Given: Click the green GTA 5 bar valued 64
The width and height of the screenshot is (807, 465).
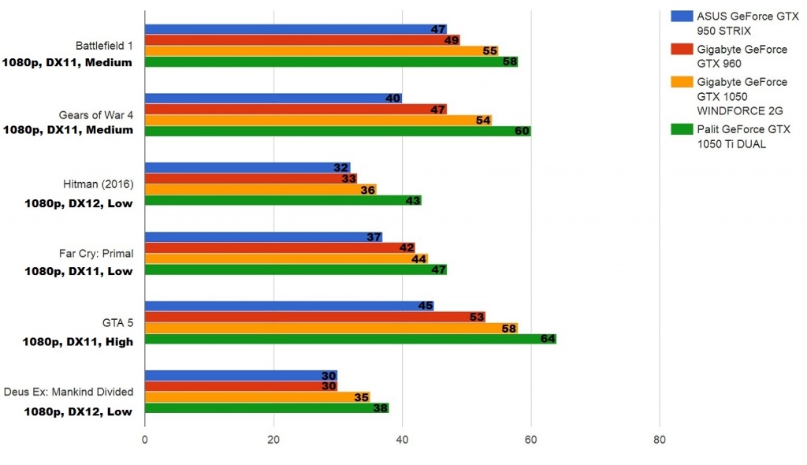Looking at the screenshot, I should tap(350, 339).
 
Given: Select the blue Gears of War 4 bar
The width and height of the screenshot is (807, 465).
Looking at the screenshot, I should tap(273, 99).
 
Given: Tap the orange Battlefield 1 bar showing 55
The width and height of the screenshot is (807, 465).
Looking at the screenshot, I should tap(321, 50).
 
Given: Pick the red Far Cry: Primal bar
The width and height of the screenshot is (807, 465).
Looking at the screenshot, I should tap(279, 247).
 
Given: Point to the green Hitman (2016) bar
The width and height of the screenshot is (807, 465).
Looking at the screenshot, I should tap(283, 200).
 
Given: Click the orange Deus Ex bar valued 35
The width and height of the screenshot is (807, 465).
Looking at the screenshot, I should tap(257, 397).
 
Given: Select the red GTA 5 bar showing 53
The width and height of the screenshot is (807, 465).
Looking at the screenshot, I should tap(314, 317).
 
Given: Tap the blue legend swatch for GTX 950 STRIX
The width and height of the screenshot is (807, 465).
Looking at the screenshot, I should tap(680, 16).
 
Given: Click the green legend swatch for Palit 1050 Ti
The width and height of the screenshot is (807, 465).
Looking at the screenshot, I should tap(680, 128).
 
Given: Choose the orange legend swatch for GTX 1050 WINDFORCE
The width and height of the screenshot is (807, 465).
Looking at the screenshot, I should tap(680, 82).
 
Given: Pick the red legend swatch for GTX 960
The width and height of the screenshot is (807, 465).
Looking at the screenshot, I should tap(680, 50).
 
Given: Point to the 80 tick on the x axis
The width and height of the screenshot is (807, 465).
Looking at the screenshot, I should tap(660, 439).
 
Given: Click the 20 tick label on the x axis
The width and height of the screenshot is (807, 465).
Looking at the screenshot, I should tap(273, 439).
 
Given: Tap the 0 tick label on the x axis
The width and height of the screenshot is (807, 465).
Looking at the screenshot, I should tap(145, 439).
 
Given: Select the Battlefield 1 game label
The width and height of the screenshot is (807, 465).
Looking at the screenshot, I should tap(104, 45).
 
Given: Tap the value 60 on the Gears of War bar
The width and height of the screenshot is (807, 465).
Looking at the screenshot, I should tap(522, 131).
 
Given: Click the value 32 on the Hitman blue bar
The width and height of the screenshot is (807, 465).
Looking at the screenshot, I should tap(341, 168).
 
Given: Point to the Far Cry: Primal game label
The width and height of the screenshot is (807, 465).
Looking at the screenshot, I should tap(96, 253).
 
